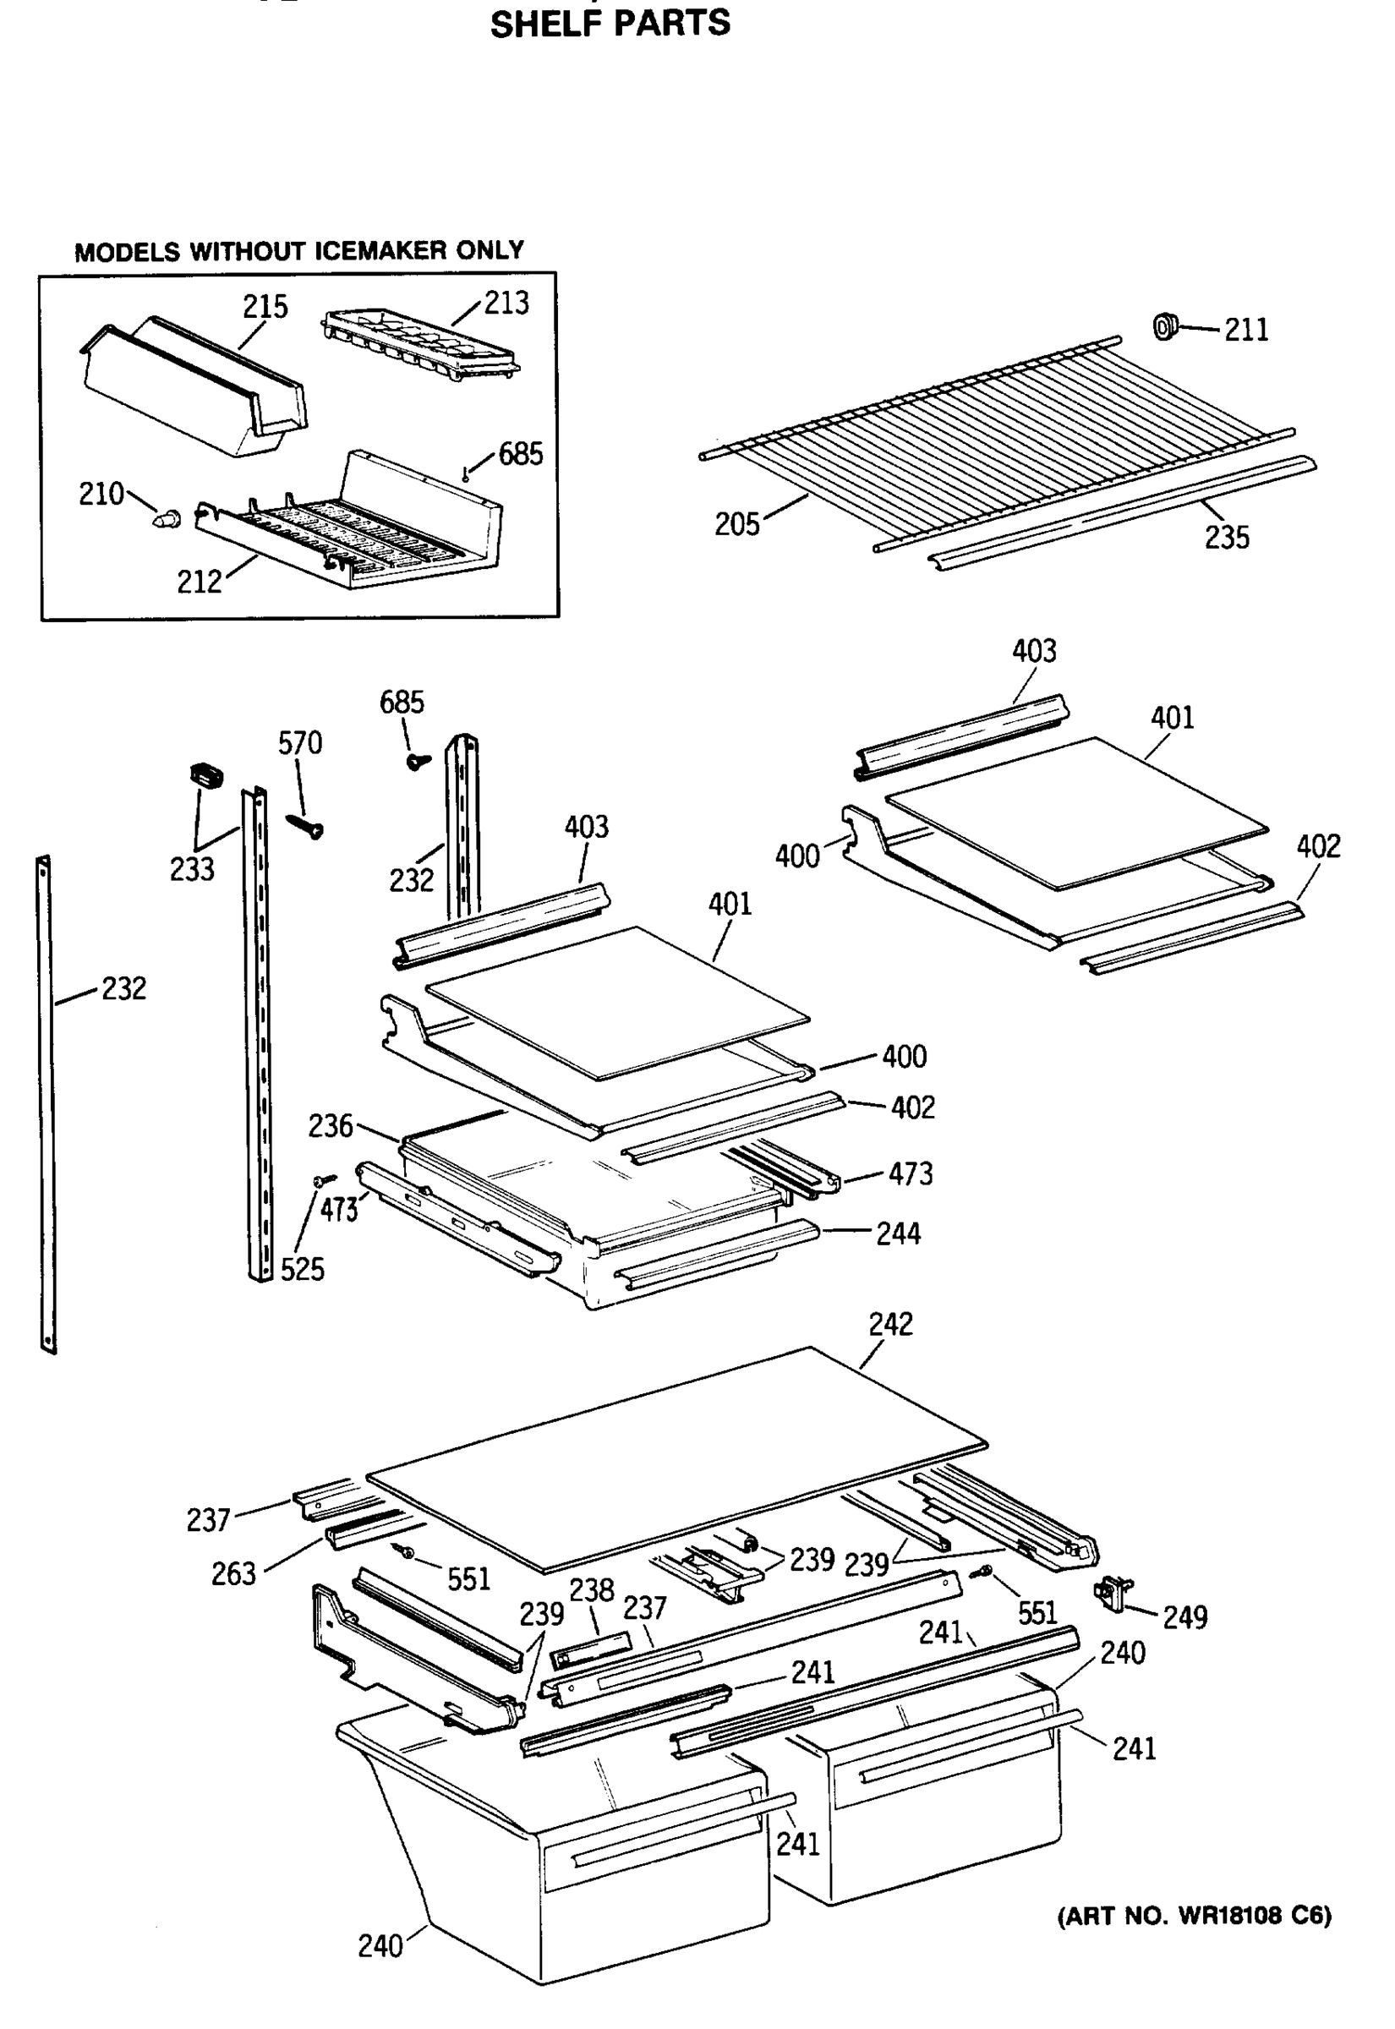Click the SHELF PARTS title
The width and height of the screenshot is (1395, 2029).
pyautogui.click(x=610, y=23)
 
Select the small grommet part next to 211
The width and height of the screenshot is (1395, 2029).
pyautogui.click(x=1165, y=327)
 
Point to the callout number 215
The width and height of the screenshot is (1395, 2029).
pyautogui.click(x=265, y=307)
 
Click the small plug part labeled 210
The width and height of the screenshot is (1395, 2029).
pyautogui.click(x=167, y=518)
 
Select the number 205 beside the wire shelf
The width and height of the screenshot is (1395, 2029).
pyautogui.click(x=737, y=524)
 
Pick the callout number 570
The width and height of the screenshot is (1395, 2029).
pyautogui.click(x=300, y=744)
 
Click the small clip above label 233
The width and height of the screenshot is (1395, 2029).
pyautogui.click(x=206, y=774)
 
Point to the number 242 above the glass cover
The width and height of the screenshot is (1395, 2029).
pyautogui.click(x=889, y=1324)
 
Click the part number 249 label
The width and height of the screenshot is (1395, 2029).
pyautogui.click(x=1184, y=1617)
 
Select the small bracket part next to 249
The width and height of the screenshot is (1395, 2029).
pyautogui.click(x=1113, y=1594)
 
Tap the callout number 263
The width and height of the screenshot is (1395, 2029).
pyautogui.click(x=233, y=1573)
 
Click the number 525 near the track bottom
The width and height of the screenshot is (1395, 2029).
pyautogui.click(x=303, y=1270)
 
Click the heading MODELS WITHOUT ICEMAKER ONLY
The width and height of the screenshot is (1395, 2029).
pyautogui.click(x=299, y=252)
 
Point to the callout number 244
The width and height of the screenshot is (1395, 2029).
pyautogui.click(x=899, y=1233)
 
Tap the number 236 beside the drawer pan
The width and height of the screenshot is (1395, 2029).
pyautogui.click(x=331, y=1125)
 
